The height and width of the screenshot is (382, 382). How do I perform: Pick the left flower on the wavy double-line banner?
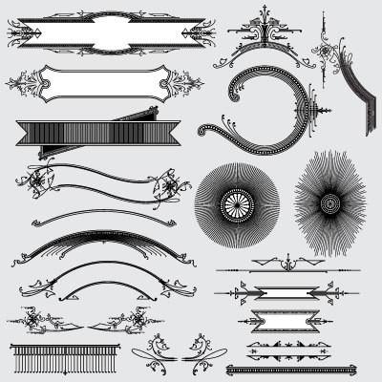(38, 180)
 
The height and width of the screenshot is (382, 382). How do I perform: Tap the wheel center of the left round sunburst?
(236, 203)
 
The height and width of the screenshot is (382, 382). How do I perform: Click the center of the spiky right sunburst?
(330, 202)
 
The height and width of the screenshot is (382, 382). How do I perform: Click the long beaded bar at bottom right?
(290, 370)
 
